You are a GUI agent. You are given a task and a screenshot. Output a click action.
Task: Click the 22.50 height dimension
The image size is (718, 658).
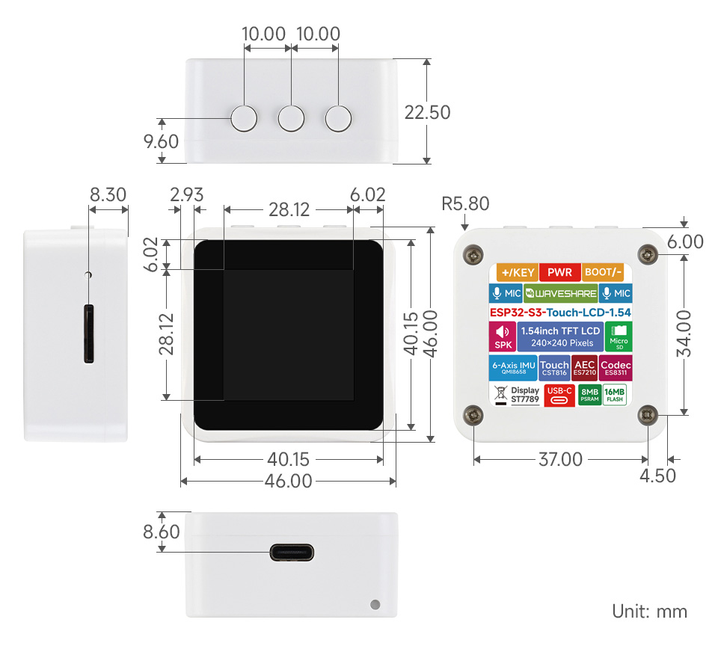coord(427,112)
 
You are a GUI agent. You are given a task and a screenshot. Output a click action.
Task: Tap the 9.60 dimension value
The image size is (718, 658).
coord(161,141)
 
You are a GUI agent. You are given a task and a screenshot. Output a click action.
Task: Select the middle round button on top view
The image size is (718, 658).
coord(291,118)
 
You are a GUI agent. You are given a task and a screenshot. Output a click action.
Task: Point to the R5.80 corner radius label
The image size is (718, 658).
coord(465,203)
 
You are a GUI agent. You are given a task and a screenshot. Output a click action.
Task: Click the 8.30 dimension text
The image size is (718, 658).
coord(108,195)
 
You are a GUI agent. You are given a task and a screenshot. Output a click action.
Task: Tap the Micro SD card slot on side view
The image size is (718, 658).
coord(89,334)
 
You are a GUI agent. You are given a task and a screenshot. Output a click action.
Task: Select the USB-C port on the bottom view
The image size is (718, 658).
coord(292,553)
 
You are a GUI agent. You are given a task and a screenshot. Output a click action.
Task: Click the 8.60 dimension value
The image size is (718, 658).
coord(162,532)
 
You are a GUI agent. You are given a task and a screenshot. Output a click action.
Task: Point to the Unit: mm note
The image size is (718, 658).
coord(649,611)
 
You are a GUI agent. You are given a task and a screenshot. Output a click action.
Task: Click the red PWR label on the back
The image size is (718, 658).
coord(559,272)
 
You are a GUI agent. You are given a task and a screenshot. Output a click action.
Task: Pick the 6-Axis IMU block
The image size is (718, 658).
coord(513,367)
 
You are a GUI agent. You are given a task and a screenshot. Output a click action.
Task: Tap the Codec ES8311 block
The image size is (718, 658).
coord(616,367)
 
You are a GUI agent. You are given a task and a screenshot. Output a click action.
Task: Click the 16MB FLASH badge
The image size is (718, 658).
coord(615,395)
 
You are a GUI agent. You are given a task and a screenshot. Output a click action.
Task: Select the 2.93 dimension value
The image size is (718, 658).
coord(186,195)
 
